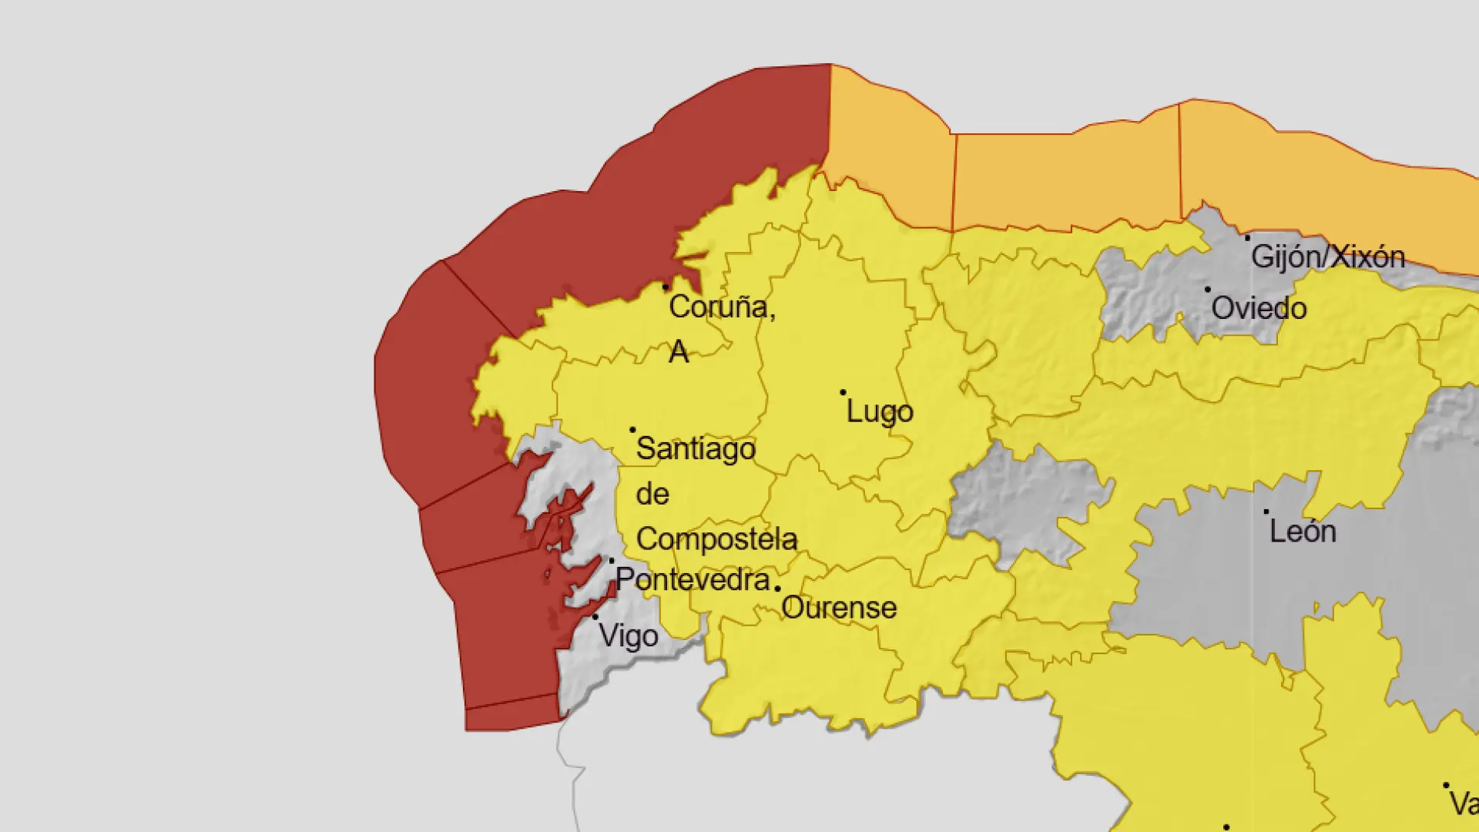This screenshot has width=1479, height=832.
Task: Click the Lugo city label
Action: click(x=880, y=412)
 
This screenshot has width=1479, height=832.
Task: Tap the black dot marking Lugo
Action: click(x=843, y=393)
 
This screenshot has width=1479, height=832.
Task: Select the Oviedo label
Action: click(x=1259, y=309)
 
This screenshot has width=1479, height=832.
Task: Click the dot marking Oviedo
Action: click(x=1207, y=290)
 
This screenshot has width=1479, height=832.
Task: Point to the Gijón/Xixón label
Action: click(x=1328, y=257)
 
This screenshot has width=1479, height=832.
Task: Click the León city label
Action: click(x=1303, y=532)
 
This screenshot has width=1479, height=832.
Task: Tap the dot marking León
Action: click(x=1266, y=512)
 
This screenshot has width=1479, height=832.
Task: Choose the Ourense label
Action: click(x=839, y=608)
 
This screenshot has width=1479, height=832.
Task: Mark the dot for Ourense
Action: click(x=777, y=589)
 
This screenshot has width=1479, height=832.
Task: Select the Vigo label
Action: click(x=629, y=637)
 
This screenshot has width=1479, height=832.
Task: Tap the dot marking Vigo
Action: click(x=595, y=617)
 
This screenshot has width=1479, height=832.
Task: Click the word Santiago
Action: click(x=696, y=449)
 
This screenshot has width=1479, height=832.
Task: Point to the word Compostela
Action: click(x=716, y=539)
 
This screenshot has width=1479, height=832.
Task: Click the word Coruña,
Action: click(x=722, y=307)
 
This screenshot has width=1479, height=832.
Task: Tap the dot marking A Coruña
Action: click(x=666, y=287)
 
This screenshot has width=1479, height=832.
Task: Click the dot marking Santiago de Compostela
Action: click(x=632, y=430)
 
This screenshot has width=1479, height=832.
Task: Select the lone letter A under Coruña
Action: click(x=678, y=352)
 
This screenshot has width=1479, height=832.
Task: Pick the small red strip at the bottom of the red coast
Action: click(x=512, y=714)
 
